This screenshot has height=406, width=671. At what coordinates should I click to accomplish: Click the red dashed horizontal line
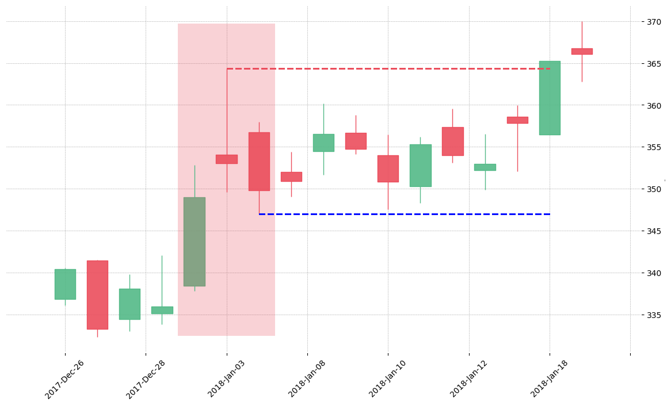388,68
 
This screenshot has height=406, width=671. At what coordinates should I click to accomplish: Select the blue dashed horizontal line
405,214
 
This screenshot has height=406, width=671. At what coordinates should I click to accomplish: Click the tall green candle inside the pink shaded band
195,242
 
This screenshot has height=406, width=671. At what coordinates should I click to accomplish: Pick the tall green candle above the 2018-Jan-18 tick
550,98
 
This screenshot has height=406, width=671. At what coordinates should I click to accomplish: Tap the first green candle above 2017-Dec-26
65,285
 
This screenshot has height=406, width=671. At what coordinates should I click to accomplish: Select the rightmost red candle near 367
582,51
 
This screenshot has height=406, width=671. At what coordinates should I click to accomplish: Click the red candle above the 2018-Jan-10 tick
388,168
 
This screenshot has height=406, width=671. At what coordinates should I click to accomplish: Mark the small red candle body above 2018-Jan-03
226,159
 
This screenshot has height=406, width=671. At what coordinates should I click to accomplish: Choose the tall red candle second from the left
97,295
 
